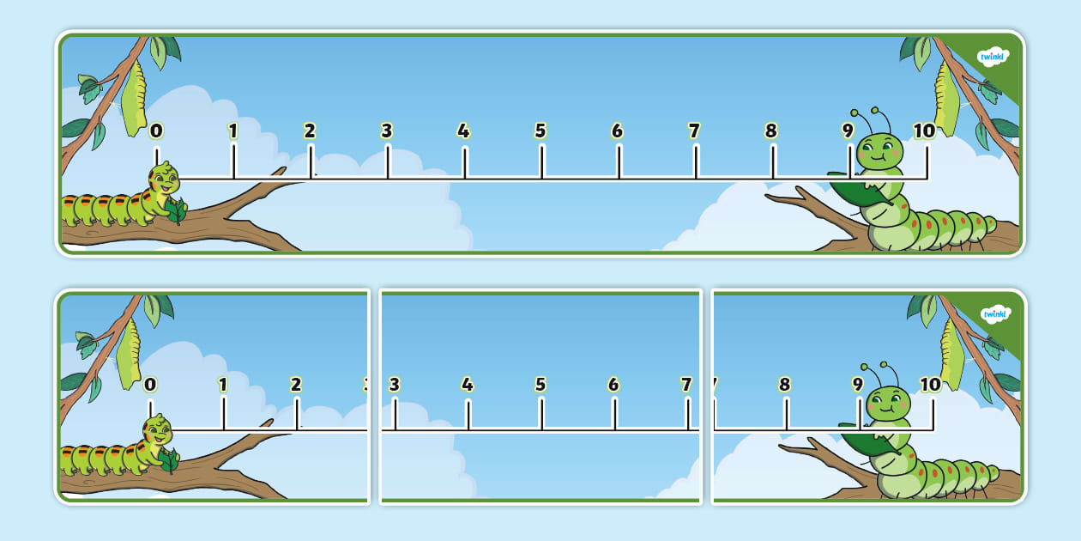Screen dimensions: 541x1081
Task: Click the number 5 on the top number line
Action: pos(540,131)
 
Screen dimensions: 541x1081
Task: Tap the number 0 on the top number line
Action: pos(156,131)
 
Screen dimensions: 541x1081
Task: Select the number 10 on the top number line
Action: pos(924,131)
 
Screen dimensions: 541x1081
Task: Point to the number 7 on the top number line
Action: pos(694,131)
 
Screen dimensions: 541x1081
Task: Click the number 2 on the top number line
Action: pos(310,131)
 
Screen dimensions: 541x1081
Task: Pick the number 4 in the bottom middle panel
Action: pos(468,385)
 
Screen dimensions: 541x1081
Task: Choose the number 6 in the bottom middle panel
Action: pos(613,385)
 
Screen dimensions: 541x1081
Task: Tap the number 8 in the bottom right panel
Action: pos(785,385)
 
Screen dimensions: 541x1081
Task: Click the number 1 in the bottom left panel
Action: pos(223,385)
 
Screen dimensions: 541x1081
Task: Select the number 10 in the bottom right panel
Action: pos(931,385)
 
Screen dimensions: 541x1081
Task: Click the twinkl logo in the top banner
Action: pos(993,58)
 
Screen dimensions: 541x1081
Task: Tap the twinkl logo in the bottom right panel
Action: pos(995,314)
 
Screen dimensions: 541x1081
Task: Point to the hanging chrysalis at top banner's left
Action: pos(133,99)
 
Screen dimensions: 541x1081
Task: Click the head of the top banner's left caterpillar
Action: pos(163,180)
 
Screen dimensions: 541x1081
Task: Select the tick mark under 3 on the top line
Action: pos(387,162)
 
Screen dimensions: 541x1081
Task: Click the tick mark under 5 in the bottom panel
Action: pos(540,414)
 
